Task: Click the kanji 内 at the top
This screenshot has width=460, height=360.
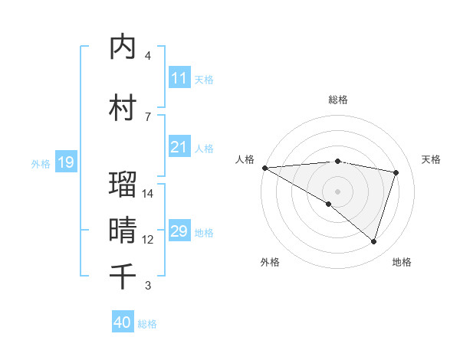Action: tap(123, 47)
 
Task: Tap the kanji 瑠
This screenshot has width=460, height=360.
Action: tap(123, 185)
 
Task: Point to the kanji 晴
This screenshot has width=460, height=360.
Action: tap(123, 229)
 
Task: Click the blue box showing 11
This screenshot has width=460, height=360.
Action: tap(179, 78)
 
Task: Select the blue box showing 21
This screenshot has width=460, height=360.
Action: tap(179, 147)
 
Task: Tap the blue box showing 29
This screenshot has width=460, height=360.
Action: tap(179, 231)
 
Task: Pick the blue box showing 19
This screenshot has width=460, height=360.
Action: tap(65, 162)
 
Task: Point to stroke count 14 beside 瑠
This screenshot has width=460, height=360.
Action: tap(148, 194)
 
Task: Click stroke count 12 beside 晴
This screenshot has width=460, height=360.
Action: tap(148, 240)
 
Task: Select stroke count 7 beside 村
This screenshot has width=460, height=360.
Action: tap(148, 116)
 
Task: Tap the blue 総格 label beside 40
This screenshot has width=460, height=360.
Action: tap(147, 324)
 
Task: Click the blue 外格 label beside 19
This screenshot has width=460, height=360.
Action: tap(41, 163)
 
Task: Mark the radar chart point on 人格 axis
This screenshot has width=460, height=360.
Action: tap(264, 168)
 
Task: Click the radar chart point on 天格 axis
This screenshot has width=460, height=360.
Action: tap(396, 172)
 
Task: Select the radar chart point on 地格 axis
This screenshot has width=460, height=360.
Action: tap(373, 242)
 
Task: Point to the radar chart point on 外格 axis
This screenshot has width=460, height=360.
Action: tap(329, 204)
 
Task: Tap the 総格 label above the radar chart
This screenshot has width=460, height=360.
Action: tap(337, 100)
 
